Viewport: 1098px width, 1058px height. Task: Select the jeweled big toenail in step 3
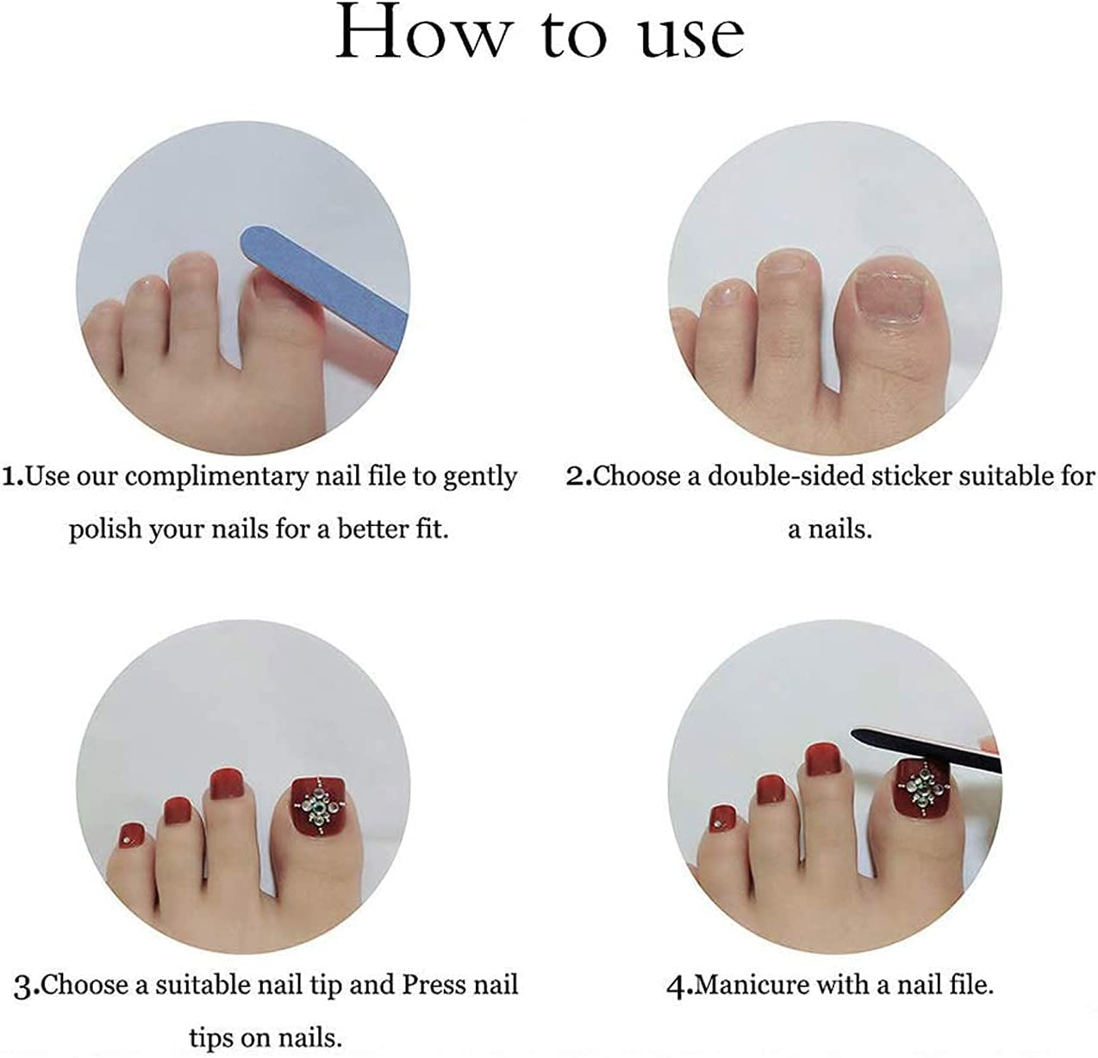tap(319, 804)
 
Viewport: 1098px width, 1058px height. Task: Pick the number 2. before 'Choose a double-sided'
tap(578, 477)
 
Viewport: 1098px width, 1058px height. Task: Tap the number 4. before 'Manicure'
tap(679, 986)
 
